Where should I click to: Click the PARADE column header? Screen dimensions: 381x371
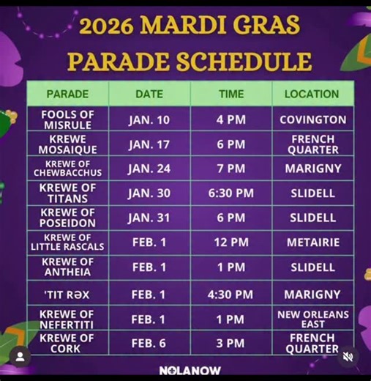point(67,94)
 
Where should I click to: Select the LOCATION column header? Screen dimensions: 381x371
point(312,94)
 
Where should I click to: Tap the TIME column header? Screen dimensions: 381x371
point(231,94)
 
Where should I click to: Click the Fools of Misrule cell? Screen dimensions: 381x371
point(67,119)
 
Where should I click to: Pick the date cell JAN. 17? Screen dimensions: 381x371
point(149,144)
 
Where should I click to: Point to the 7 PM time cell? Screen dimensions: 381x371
point(231,169)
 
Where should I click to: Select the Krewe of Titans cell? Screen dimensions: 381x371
point(67,193)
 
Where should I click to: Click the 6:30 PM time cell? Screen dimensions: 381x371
point(231,193)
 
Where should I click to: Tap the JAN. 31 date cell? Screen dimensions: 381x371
point(149,218)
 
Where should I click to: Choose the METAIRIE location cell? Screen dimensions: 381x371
point(312,242)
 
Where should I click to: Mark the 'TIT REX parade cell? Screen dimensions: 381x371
point(67,295)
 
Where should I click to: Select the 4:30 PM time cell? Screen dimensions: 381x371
point(231,295)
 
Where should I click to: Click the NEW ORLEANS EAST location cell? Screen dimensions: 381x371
point(312,319)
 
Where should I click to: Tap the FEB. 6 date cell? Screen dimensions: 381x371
point(149,343)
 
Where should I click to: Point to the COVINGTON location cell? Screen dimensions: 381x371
point(312,119)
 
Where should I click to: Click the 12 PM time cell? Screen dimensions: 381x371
point(231,242)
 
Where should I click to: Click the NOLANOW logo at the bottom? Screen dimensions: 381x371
point(190,371)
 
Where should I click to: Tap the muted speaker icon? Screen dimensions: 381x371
point(348,357)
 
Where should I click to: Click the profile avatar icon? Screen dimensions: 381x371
point(22,357)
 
